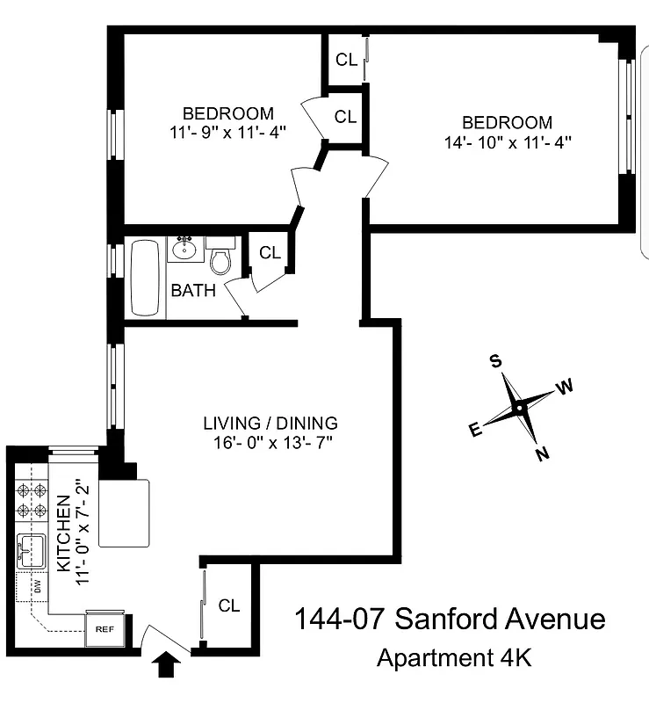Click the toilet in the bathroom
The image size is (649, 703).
220,261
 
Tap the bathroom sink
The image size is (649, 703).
185,250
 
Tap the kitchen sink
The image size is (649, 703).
31,552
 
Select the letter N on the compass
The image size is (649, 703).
543,453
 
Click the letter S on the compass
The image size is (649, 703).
495,361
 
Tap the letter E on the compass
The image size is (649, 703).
475,430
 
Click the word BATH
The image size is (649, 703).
193,290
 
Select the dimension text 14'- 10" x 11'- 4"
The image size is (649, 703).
508,141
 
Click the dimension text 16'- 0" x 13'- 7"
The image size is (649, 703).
270,441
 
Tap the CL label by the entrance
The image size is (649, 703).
229,605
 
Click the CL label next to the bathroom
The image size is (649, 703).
270,253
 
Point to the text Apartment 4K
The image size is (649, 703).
453,656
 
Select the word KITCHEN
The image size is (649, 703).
63,533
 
